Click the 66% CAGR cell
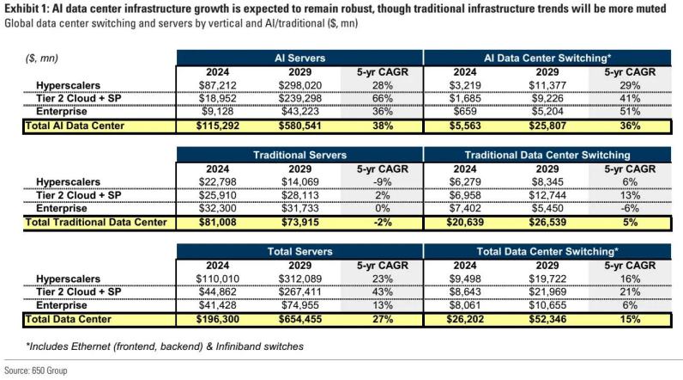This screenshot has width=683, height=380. [378, 99]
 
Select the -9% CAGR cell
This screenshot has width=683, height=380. [378, 182]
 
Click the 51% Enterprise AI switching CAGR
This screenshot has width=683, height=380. [626, 112]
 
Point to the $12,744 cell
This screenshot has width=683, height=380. [544, 195]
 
